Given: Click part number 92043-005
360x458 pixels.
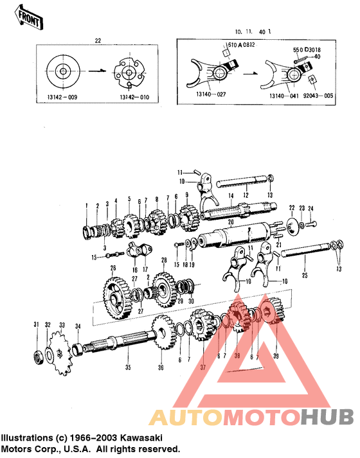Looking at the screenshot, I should (319, 95).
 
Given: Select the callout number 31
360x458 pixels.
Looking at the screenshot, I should (36, 323).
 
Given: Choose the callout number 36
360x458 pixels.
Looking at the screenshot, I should (161, 368).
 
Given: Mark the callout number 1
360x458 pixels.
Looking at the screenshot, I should (85, 205).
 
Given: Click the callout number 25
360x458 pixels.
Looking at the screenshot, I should (305, 276).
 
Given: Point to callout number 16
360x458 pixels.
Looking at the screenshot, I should (135, 270).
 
